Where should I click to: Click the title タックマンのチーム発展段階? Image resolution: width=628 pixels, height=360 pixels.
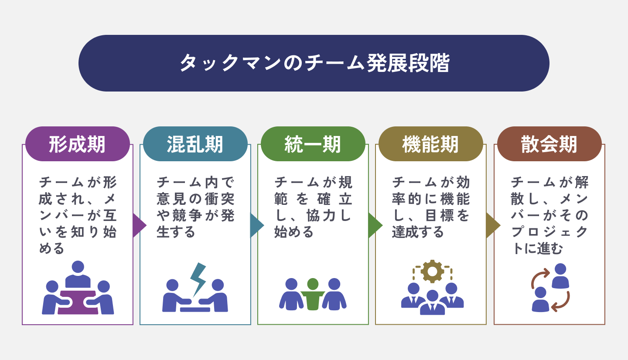click(314, 63)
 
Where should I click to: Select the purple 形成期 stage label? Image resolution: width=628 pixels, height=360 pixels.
click(77, 144)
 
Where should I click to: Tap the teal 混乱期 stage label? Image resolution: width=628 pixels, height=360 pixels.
click(195, 144)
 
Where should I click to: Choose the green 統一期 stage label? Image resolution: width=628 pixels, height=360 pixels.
click(313, 144)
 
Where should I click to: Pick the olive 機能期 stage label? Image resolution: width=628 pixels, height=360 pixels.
click(430, 144)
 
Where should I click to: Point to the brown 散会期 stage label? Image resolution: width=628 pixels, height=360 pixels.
click(549, 144)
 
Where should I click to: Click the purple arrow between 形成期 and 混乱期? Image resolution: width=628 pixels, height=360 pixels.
click(140, 225)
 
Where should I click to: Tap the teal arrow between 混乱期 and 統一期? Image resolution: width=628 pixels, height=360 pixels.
click(257, 225)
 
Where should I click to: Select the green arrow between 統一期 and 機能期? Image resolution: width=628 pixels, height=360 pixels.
click(375, 225)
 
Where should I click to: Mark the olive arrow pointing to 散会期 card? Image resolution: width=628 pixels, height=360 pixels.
click(493, 225)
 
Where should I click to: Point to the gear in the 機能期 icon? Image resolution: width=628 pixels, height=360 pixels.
click(432, 271)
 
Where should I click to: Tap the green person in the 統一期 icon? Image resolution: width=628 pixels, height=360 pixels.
click(313, 294)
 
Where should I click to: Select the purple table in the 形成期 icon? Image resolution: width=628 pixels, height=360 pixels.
click(78, 302)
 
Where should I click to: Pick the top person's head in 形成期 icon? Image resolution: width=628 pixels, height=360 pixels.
click(78, 267)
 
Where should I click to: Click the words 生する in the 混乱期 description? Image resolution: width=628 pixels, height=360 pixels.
click(176, 232)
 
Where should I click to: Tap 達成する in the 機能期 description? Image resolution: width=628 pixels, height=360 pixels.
click(418, 232)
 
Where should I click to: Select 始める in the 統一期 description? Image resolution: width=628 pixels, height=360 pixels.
click(294, 232)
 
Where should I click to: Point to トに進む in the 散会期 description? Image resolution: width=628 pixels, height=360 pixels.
click(537, 248)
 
